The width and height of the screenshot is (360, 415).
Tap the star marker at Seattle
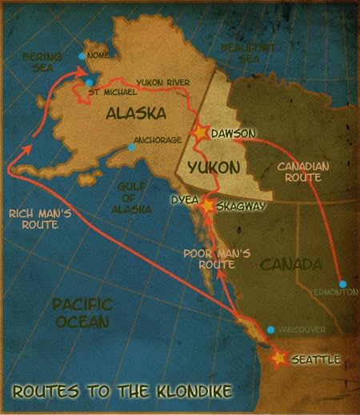coord(279,359)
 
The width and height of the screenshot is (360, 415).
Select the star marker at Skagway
coord(207,206)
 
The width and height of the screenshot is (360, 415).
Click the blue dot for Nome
coord(82,56)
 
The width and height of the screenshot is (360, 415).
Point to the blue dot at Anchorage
coord(131,147)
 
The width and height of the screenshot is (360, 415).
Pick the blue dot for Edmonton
coord(342,284)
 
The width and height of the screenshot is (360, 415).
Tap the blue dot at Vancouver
coord(270,329)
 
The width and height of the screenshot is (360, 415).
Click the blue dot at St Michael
coord(89,82)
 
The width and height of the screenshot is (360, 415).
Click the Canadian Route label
coord(298,174)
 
